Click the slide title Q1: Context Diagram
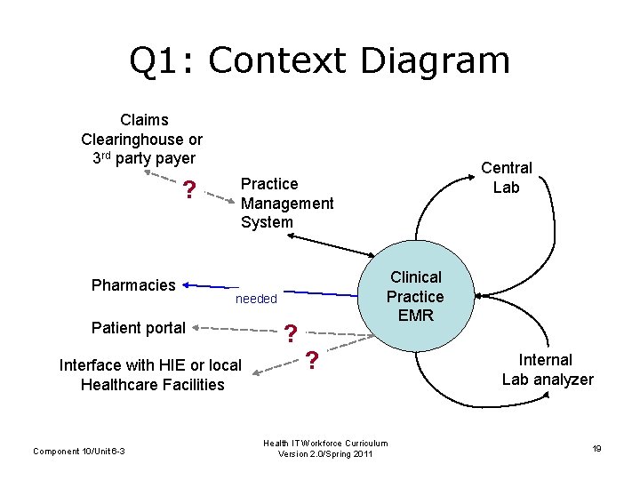(x=320, y=60)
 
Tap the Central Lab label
(x=507, y=177)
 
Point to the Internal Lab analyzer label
(x=548, y=370)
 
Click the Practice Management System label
(x=287, y=203)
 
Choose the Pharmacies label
(x=133, y=285)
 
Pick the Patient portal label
(x=139, y=328)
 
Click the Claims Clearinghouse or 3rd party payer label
(x=141, y=139)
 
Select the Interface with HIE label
(x=150, y=374)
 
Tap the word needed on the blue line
(x=256, y=299)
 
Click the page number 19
(x=596, y=449)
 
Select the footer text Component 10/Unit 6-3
(x=79, y=452)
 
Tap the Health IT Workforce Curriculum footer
(x=325, y=449)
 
